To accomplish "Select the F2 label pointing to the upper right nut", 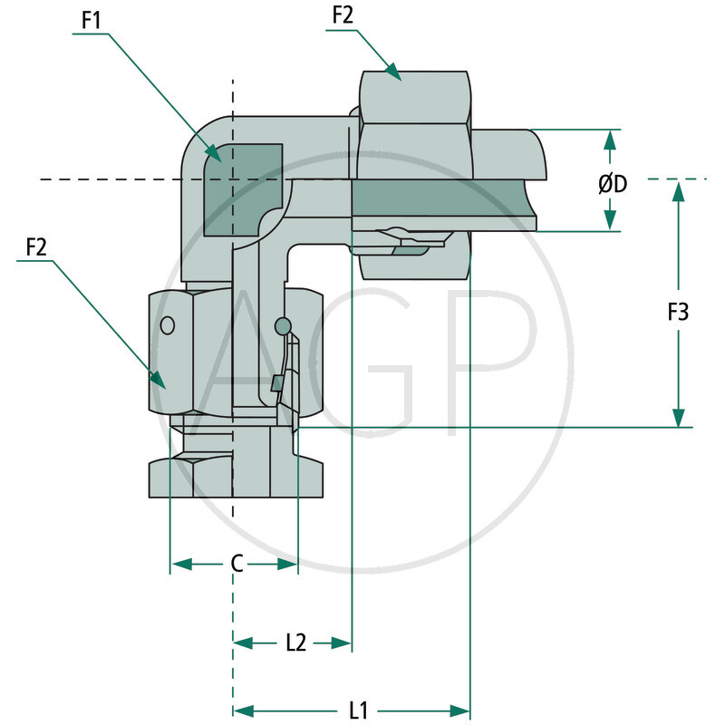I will [x=343, y=15].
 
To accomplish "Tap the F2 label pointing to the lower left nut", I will [x=36, y=246].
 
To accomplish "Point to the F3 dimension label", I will [x=678, y=313].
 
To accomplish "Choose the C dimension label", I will [x=236, y=564].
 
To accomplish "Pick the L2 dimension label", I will [x=295, y=643].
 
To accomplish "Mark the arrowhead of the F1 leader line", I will [x=215, y=156].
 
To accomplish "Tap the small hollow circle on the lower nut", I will [x=167, y=325].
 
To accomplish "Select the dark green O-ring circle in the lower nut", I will [x=283, y=325].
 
